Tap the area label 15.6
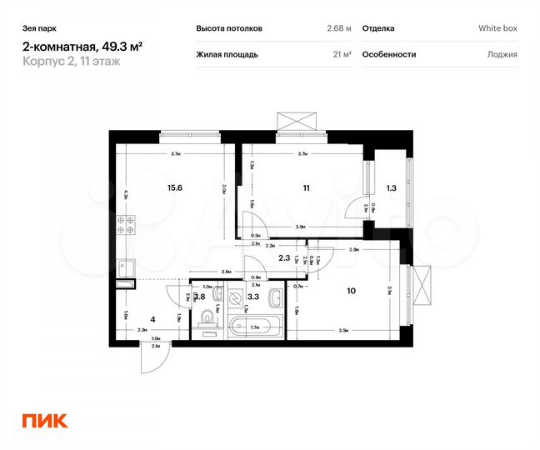pyautogui.click(x=174, y=187)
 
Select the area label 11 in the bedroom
pyautogui.click(x=307, y=187)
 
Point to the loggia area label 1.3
pyautogui.click(x=392, y=187)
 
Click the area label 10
pyautogui.click(x=351, y=292)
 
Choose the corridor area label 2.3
pyautogui.click(x=283, y=257)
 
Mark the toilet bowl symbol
pyautogui.click(x=205, y=317)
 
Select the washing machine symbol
pyautogui.click(x=235, y=296)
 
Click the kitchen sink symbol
pyautogui.click(x=126, y=268)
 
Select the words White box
pyautogui.click(x=497, y=28)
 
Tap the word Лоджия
pyautogui.click(x=502, y=54)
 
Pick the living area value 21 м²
pyautogui.click(x=341, y=54)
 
